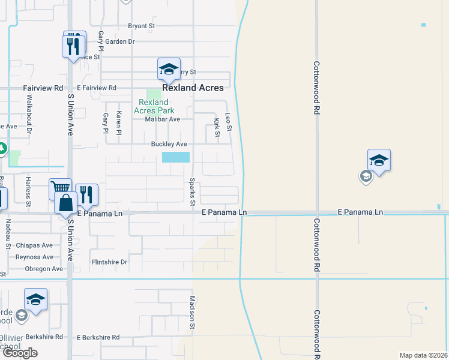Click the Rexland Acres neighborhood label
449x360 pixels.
[193, 88]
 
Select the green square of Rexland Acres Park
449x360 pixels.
[154, 94]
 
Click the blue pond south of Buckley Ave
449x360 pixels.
[176, 157]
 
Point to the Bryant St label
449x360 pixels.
[142, 26]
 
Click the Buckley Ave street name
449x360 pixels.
[169, 144]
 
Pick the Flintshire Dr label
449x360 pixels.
[109, 262]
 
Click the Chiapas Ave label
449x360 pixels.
[34, 245]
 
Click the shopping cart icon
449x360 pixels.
[60, 189]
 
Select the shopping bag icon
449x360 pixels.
[65, 203]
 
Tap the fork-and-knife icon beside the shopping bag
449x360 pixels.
[86, 194]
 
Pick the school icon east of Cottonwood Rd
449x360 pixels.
[379, 160]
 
